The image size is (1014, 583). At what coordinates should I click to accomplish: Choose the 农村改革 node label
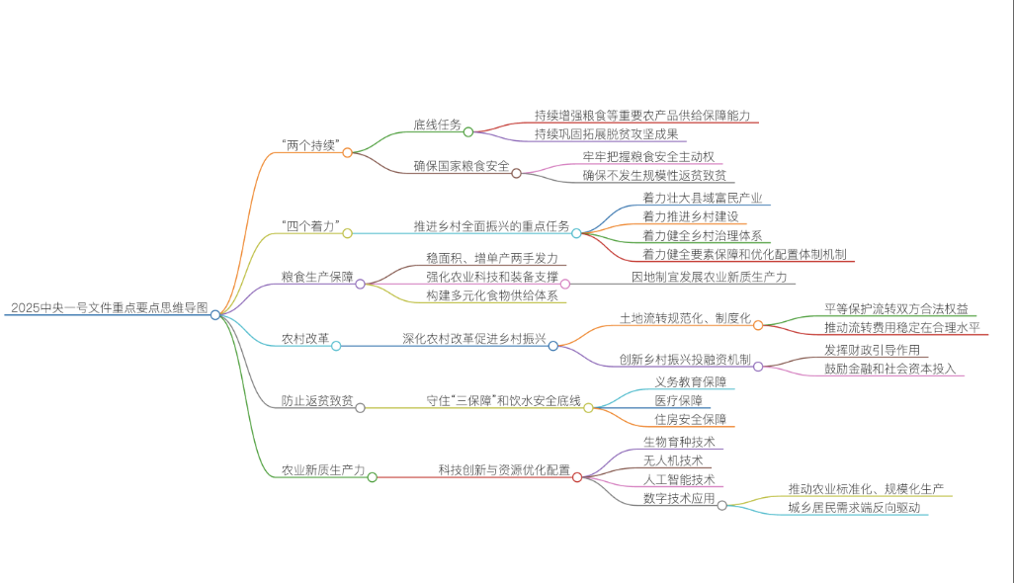pyautogui.click(x=305, y=339)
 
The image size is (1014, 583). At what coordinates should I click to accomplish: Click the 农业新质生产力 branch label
pyautogui.click(x=323, y=470)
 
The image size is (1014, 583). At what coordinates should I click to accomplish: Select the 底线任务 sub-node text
pyautogui.click(x=437, y=125)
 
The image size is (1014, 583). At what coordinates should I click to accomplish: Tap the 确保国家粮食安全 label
pyautogui.click(x=462, y=166)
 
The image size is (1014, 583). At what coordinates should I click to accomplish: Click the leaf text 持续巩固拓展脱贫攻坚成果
pyautogui.click(x=606, y=133)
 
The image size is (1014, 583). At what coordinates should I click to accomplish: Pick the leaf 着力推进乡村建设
pyautogui.click(x=690, y=216)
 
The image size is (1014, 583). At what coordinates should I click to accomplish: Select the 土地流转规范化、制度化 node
pyautogui.click(x=685, y=318)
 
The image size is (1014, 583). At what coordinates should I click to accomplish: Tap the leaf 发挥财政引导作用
pyautogui.click(x=872, y=350)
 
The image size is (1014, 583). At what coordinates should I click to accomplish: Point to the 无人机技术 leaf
pyautogui.click(x=672, y=460)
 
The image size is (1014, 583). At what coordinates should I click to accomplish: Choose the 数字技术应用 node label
pyautogui.click(x=678, y=499)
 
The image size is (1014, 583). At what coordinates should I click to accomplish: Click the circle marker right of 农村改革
pyautogui.click(x=336, y=346)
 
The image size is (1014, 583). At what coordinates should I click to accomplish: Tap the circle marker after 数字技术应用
pyautogui.click(x=721, y=505)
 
